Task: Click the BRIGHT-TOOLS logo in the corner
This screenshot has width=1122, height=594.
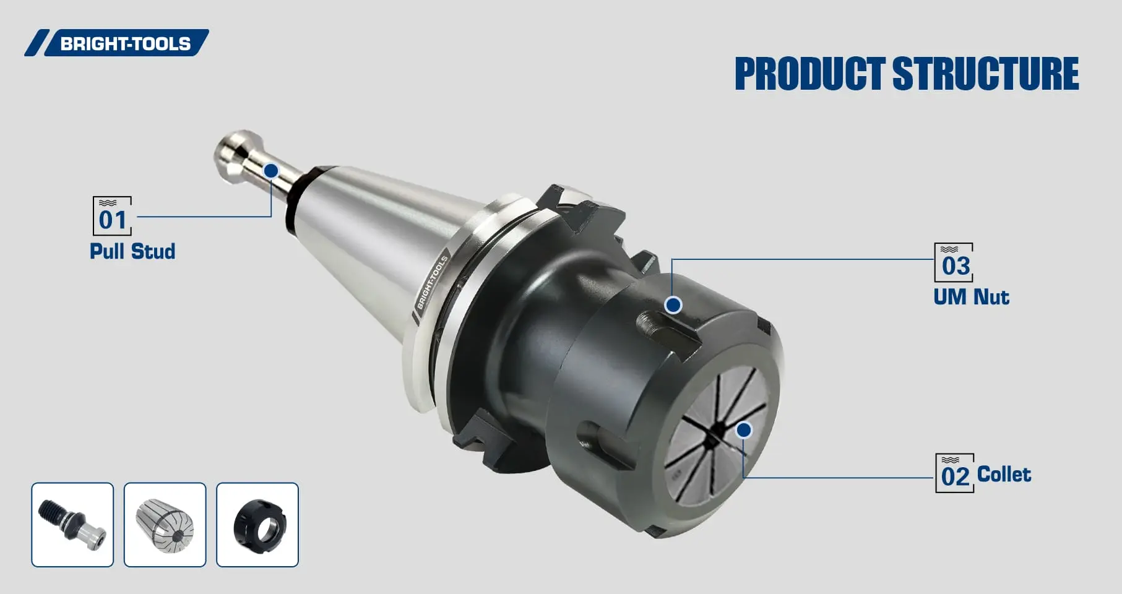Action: tap(118, 43)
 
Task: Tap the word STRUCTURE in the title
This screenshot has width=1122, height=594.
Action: tap(985, 74)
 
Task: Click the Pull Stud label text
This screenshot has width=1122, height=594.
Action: tap(132, 251)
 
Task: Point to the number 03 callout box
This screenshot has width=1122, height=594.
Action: tap(954, 263)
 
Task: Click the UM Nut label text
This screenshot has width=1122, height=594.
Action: tap(971, 297)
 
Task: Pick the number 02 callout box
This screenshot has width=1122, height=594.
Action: tap(954, 473)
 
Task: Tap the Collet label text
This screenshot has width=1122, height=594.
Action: tap(1004, 475)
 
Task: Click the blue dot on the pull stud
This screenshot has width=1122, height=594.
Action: tap(271, 171)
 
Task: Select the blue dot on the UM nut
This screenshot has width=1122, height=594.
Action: tap(673, 304)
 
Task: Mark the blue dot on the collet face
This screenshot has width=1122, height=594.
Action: tap(744, 430)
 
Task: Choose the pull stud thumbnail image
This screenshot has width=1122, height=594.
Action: tap(72, 525)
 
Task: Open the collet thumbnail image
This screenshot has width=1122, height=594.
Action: tap(165, 525)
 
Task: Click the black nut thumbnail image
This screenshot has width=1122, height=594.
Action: tap(257, 525)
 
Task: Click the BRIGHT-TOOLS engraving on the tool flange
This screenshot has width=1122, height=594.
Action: tap(432, 283)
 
